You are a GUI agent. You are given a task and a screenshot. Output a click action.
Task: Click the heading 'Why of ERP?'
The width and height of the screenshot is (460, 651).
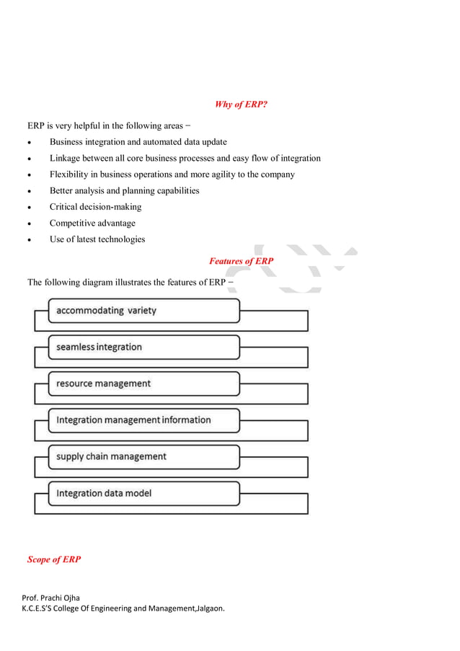(x=241, y=105)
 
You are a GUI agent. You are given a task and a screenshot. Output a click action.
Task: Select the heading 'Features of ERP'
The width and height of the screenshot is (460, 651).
(x=241, y=261)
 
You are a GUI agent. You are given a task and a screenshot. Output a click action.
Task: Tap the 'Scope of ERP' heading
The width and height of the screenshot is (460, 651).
(x=54, y=559)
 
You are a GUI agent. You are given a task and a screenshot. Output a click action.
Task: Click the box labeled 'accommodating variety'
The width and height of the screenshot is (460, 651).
(x=143, y=311)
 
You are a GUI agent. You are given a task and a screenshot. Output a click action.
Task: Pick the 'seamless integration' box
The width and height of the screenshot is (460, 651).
(x=143, y=347)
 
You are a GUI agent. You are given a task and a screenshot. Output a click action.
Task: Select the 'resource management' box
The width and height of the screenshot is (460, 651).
(x=143, y=384)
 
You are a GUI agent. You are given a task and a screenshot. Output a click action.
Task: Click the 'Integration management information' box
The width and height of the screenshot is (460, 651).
(x=143, y=420)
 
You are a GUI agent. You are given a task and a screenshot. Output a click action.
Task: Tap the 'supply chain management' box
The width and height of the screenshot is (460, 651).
(x=143, y=456)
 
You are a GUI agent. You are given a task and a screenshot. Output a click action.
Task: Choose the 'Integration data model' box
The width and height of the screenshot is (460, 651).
(x=143, y=493)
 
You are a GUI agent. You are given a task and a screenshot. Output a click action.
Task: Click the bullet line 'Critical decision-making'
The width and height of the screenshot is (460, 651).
(x=95, y=207)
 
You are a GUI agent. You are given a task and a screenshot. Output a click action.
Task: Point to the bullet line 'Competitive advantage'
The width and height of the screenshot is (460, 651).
(x=92, y=223)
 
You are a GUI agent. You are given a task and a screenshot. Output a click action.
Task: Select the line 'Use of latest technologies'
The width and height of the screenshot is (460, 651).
(x=97, y=239)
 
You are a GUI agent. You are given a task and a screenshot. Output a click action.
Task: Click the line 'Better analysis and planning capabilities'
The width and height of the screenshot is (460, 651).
(x=124, y=191)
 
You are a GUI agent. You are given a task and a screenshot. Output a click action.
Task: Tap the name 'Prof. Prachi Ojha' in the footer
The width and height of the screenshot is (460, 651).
(x=51, y=598)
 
